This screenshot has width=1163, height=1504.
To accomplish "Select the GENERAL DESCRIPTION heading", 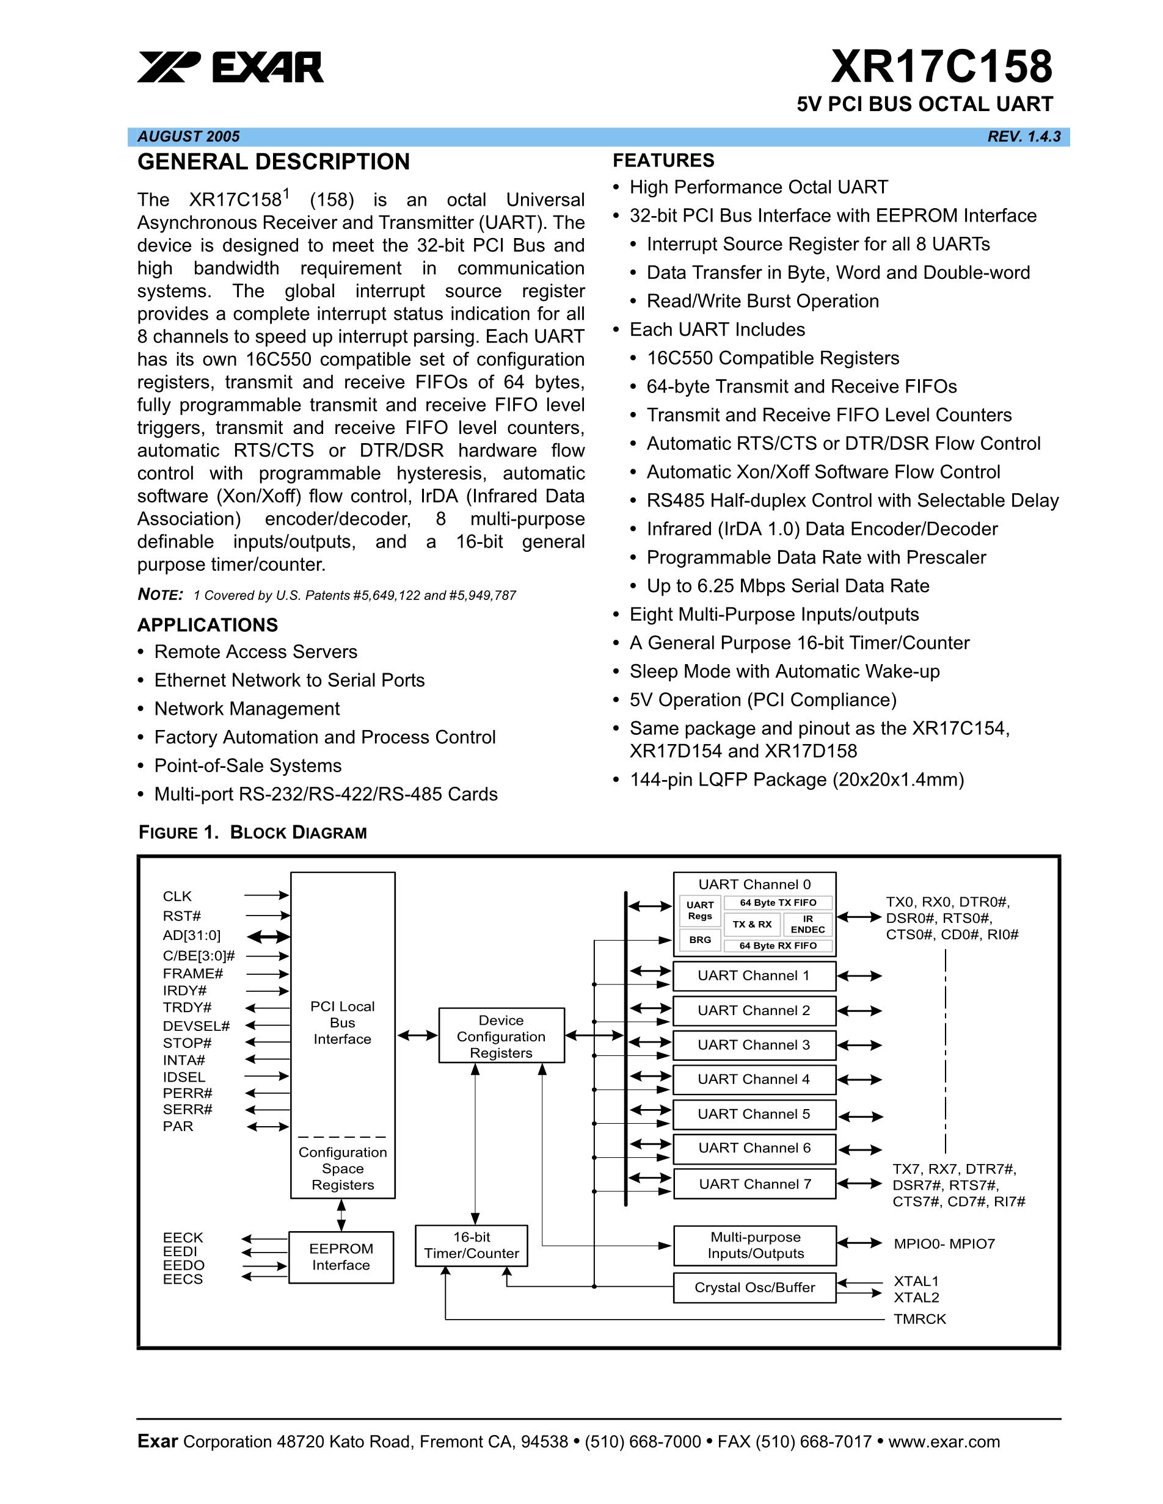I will pyautogui.click(x=274, y=162).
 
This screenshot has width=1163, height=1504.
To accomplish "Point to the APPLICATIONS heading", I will pyautogui.click(x=208, y=624).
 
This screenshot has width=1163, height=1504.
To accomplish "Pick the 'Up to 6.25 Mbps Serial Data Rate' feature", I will pyautogui.click(x=787, y=585).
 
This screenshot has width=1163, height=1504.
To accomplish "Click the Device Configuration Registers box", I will pyautogui.click(x=501, y=1036).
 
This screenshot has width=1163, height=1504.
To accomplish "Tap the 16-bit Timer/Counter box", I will pyautogui.click(x=472, y=1245).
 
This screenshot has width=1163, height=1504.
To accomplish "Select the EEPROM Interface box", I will pyautogui.click(x=340, y=1257).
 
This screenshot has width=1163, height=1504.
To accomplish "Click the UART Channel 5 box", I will pyautogui.click(x=754, y=1113).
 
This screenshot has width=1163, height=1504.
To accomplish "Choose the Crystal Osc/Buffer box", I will pyautogui.click(x=754, y=1287).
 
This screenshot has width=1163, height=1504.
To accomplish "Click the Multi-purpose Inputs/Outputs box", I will pyautogui.click(x=755, y=1245).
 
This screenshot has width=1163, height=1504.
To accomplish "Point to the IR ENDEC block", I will pyautogui.click(x=808, y=924).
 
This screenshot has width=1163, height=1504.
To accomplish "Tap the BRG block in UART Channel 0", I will pyautogui.click(x=700, y=939).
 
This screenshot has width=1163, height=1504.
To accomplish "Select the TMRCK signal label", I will pyautogui.click(x=920, y=1319).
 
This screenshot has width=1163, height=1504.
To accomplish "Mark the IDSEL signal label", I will pyautogui.click(x=184, y=1076).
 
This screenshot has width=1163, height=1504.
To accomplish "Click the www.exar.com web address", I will pyautogui.click(x=944, y=1441).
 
